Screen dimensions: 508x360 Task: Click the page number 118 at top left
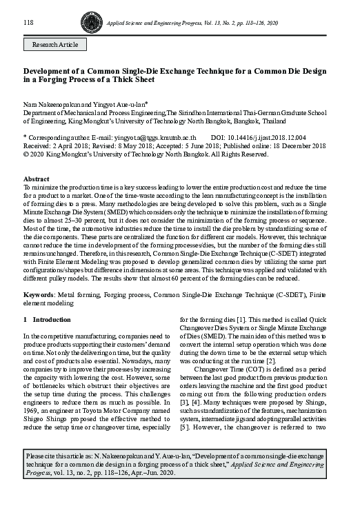pos(29,22)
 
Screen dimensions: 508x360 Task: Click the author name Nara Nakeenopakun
pos(54,102)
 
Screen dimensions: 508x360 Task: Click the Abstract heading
pos(37,178)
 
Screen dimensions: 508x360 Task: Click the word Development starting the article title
pos(46,71)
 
